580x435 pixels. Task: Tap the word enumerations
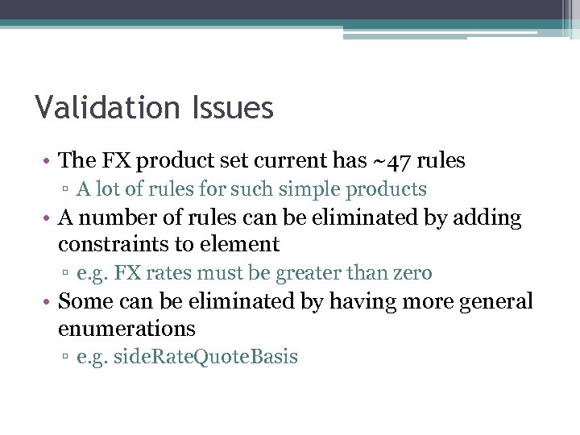126,329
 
